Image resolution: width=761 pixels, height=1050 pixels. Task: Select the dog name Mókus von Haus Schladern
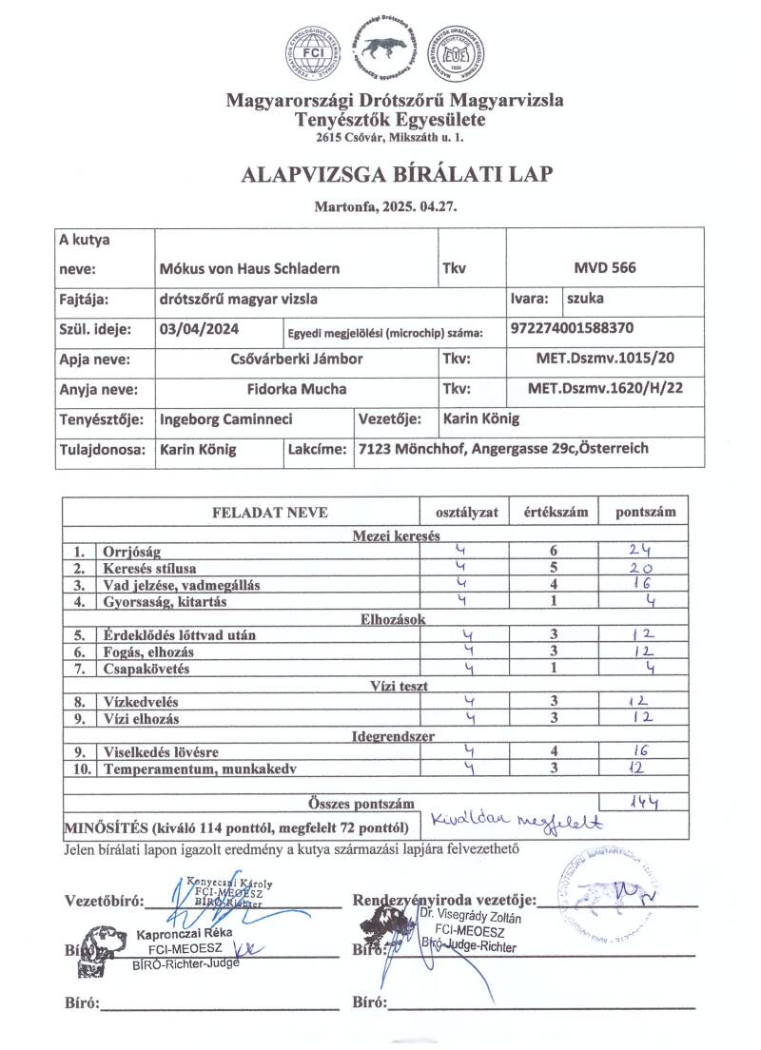250,268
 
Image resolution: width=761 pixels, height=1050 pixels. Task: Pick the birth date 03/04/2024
201,329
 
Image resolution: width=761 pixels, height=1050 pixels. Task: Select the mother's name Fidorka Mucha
296,389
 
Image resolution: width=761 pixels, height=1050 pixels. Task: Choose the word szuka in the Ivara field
584,299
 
